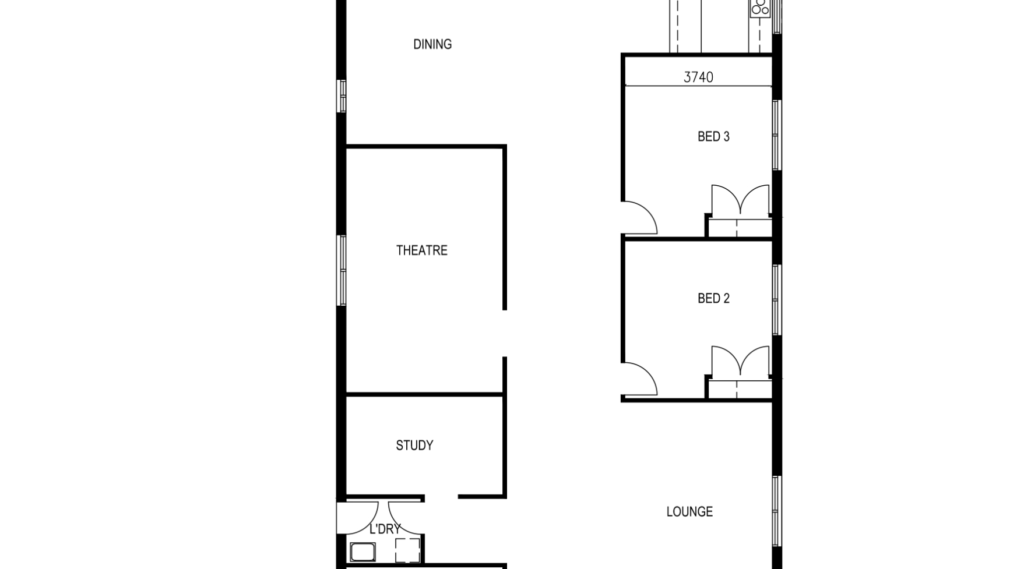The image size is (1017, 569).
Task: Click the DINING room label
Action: (x=432, y=44)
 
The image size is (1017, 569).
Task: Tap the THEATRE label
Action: (x=422, y=250)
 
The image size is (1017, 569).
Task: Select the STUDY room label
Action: (x=414, y=446)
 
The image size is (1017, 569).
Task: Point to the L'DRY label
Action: (x=385, y=529)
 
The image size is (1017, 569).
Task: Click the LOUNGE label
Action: (x=689, y=512)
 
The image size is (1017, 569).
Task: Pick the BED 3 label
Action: (x=713, y=137)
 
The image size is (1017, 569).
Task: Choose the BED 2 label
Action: (x=713, y=299)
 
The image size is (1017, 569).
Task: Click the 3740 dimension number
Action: (x=698, y=77)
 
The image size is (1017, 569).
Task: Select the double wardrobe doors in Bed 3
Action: (x=740, y=201)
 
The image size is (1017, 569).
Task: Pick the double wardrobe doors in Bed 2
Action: (x=740, y=362)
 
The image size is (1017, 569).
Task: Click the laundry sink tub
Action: (x=363, y=552)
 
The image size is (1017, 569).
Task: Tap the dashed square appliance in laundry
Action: (x=407, y=550)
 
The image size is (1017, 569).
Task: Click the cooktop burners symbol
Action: (x=760, y=8)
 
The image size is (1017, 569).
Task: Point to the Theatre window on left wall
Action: (x=342, y=270)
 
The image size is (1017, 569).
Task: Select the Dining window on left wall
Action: (x=342, y=96)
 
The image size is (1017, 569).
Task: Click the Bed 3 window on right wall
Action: (x=776, y=135)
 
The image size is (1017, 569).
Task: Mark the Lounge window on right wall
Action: (x=776, y=511)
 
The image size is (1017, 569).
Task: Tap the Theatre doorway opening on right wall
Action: (x=505, y=333)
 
